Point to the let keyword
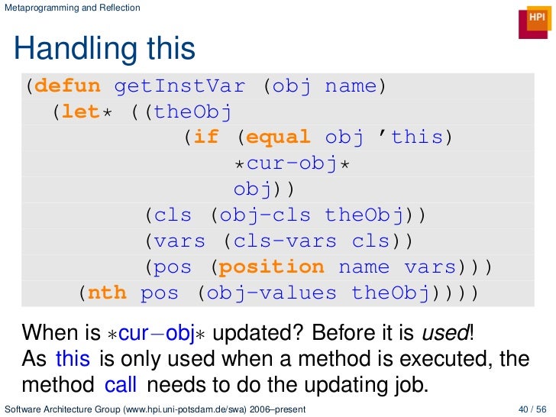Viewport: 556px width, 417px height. (81, 112)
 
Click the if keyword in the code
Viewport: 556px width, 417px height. (205, 137)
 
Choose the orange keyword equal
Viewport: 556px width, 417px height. (278, 137)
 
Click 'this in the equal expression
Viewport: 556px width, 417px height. (416, 137)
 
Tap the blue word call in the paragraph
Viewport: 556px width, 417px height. (121, 382)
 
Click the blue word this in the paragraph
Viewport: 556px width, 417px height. (73, 358)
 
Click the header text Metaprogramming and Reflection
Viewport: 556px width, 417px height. (73, 8)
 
